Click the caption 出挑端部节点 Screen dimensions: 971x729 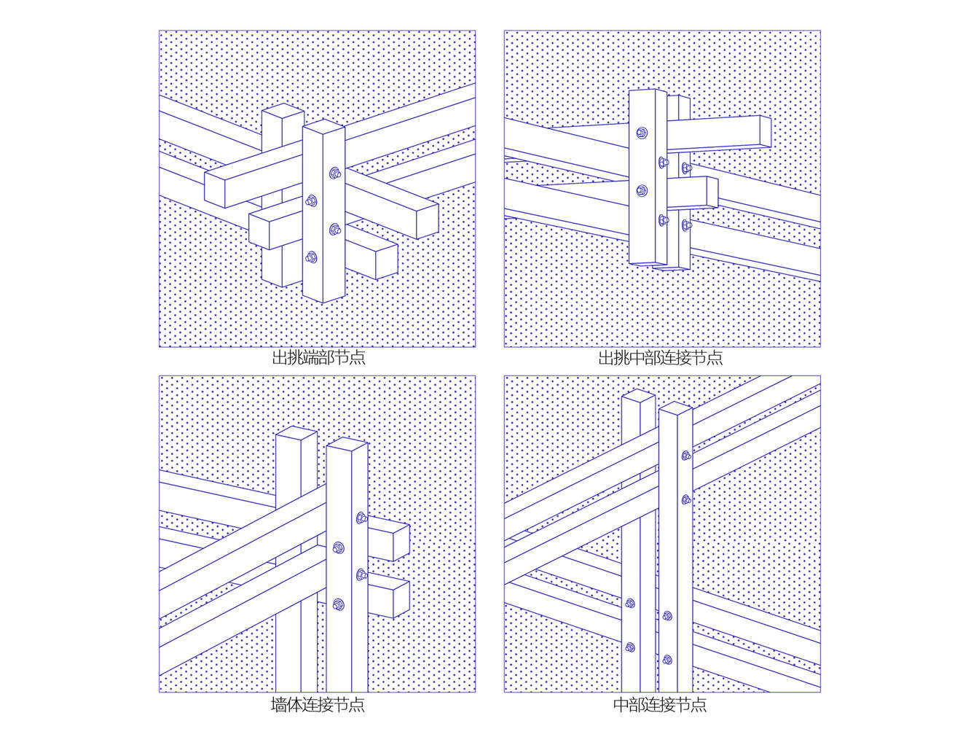point(318,357)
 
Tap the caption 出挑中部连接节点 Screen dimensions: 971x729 point(660,357)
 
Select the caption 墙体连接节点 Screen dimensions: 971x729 point(318,703)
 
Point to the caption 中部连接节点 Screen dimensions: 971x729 point(659,703)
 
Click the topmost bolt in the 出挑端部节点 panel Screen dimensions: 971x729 point(335,173)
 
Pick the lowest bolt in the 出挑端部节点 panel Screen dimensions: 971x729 point(311,257)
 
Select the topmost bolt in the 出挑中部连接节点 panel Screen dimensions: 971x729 point(642,133)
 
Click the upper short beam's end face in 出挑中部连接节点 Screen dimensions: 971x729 point(766,131)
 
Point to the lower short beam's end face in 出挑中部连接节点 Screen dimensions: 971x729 point(712,192)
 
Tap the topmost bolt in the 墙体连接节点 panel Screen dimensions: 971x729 point(361,518)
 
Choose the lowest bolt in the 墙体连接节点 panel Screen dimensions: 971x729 point(339,604)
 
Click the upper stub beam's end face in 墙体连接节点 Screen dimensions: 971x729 point(401,543)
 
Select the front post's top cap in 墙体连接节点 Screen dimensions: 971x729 point(347,445)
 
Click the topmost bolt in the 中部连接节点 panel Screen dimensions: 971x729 point(686,456)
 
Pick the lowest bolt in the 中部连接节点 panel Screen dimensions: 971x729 point(667,660)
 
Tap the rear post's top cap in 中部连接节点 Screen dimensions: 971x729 point(638,395)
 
